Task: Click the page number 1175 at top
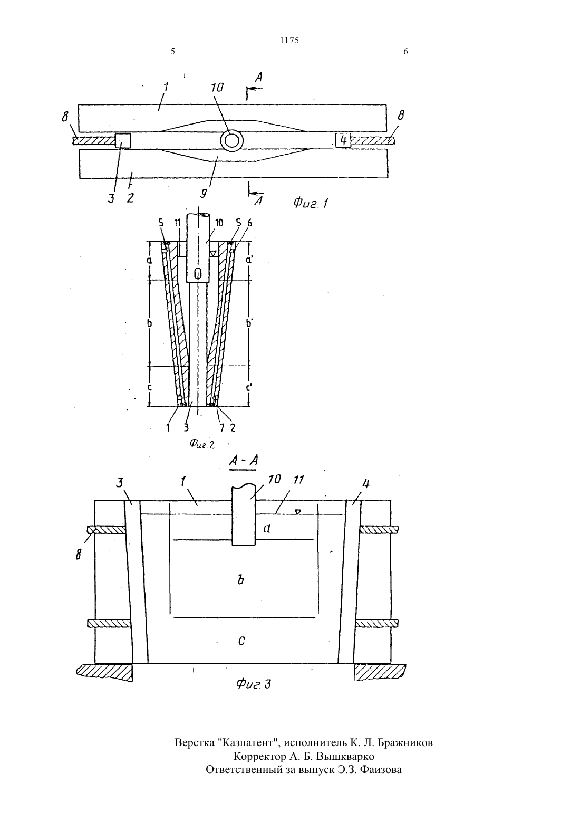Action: pos(289,40)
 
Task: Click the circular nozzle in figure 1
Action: pos(232,140)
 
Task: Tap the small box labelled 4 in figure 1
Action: pos(343,140)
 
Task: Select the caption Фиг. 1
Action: pos(311,202)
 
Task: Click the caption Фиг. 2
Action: pos(202,444)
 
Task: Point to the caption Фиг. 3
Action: pos(254,684)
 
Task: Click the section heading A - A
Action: pos(243,461)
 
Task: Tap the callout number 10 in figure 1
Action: pos(217,88)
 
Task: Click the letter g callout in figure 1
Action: pos(203,193)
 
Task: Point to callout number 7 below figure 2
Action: pos(222,428)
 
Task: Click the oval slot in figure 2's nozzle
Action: pos(197,273)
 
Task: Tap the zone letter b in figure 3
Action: pos(240,580)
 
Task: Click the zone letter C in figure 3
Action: pos(241,641)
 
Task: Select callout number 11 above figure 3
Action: pos(299,480)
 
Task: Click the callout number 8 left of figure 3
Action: pos(79,556)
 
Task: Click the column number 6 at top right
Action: pos(405,52)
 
